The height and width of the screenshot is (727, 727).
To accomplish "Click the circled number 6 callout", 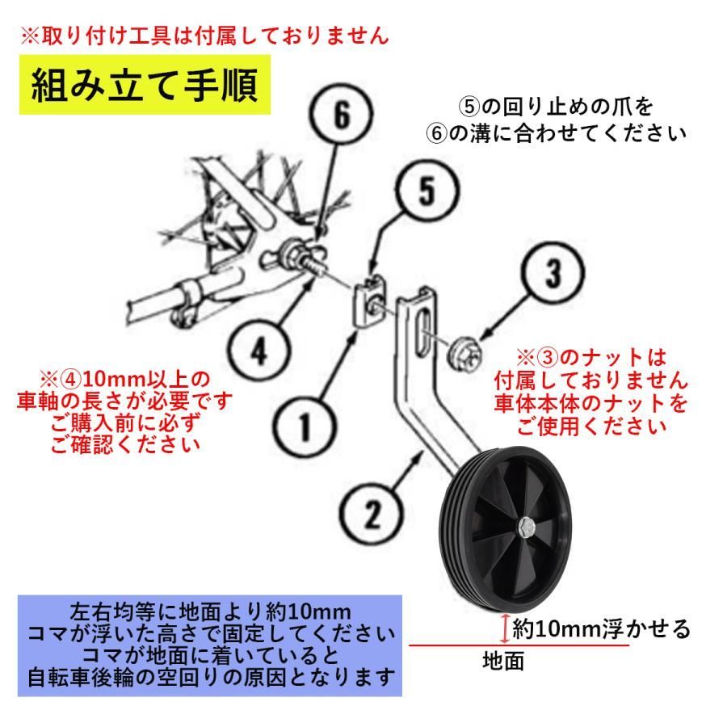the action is pos(341,114).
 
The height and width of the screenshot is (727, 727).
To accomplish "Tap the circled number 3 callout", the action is pos(553,273).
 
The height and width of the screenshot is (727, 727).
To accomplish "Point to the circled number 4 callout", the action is pos(258,351).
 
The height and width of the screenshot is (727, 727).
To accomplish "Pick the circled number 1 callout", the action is pos(304,426).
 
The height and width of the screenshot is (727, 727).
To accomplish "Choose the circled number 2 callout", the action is pos(372,513).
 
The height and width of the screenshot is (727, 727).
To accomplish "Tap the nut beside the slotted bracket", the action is pos(464,355).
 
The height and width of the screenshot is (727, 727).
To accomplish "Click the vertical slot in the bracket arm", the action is pos(421,333).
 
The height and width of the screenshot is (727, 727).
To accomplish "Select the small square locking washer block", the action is pos(369,301).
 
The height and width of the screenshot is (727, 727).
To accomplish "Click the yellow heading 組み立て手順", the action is pos(145,85).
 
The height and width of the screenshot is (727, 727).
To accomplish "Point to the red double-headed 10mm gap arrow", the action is pos(506,628).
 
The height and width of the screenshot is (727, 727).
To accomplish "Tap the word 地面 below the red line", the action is pos(503,661).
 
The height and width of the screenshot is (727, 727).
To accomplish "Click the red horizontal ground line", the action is pos(519,645).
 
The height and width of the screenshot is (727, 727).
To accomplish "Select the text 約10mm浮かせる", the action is pos(601,629).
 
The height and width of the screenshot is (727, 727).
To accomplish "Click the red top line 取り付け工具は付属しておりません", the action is pos(204,36).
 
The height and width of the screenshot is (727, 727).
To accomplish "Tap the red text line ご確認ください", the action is pos(125,444).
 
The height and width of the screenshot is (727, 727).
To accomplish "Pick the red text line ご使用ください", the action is pos(591,426).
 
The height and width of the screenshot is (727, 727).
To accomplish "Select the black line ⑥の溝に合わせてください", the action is pos(556,133).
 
